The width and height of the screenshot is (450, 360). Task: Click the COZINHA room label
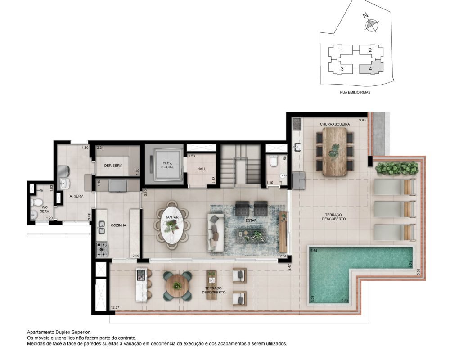pyautogui.click(x=118, y=225)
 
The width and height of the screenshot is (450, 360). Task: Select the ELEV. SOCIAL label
pyautogui.click(x=167, y=165)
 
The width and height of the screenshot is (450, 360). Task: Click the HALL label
pyautogui.click(x=202, y=169)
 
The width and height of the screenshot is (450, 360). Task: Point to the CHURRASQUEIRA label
pyautogui.click(x=335, y=124)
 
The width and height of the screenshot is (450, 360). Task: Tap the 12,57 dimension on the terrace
pyautogui.click(x=115, y=308)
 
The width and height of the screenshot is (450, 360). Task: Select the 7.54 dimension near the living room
pyautogui.click(x=283, y=256)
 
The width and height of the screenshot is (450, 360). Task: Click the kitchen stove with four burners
pyautogui.click(x=102, y=249)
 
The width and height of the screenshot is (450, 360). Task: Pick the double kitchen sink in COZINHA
pyautogui.click(x=102, y=227)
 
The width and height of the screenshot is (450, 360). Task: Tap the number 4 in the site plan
pyautogui.click(x=370, y=69)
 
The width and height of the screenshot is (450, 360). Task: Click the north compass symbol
pyautogui.click(x=371, y=25)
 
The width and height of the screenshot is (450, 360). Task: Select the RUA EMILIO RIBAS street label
pyautogui.click(x=355, y=92)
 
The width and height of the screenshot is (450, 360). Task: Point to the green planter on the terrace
pyautogui.click(x=397, y=168)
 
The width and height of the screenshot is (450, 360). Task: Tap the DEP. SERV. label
pyautogui.click(x=113, y=166)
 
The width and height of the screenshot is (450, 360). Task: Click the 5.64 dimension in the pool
pyautogui.click(x=313, y=250)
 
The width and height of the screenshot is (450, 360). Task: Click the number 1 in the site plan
pyautogui.click(x=342, y=50)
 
